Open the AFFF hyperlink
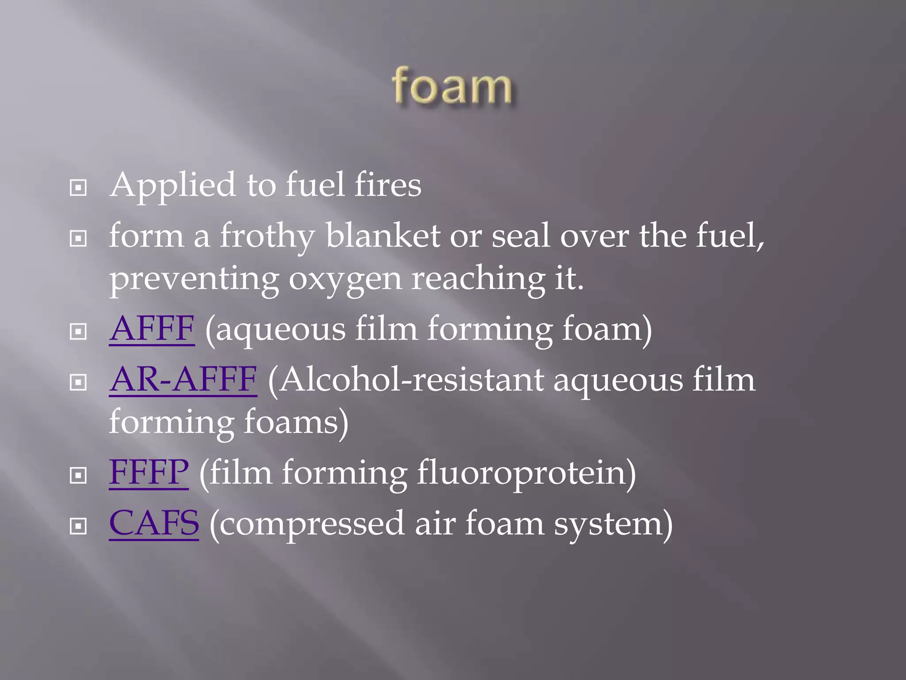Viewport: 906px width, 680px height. point(152,329)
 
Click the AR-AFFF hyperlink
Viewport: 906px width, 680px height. point(183,380)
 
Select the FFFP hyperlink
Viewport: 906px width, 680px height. point(149,472)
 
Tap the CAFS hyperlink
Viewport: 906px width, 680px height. point(154,523)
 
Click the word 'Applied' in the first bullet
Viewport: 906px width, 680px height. point(173,185)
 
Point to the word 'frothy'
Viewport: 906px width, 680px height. point(267,236)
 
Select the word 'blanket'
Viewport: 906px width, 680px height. point(383,236)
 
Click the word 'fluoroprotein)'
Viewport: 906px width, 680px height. point(526,472)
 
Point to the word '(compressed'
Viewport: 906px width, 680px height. point(307,523)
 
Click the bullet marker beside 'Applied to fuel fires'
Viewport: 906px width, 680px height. point(78,188)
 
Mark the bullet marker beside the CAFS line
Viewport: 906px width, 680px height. point(78,526)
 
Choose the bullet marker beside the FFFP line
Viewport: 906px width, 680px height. point(78,475)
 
